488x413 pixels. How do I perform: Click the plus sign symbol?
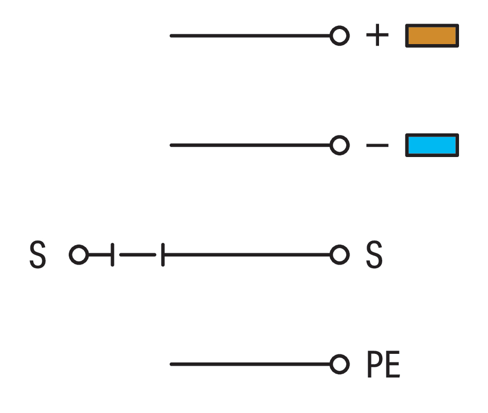click(377, 34)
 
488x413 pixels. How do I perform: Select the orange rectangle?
click(432, 35)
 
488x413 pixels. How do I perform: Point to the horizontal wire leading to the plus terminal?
click(251, 36)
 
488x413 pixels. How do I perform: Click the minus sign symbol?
click(377, 145)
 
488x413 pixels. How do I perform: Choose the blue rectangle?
click(432, 145)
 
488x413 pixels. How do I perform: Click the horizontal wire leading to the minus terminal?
click(251, 145)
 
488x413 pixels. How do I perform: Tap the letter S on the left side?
click(38, 254)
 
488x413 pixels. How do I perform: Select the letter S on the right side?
click(374, 254)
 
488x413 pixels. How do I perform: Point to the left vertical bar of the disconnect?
click(112, 255)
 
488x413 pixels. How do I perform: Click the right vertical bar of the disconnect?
click(163, 255)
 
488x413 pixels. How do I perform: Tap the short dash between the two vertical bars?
click(137, 255)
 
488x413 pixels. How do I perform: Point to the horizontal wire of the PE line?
click(251, 364)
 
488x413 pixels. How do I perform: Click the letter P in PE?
click(374, 364)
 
